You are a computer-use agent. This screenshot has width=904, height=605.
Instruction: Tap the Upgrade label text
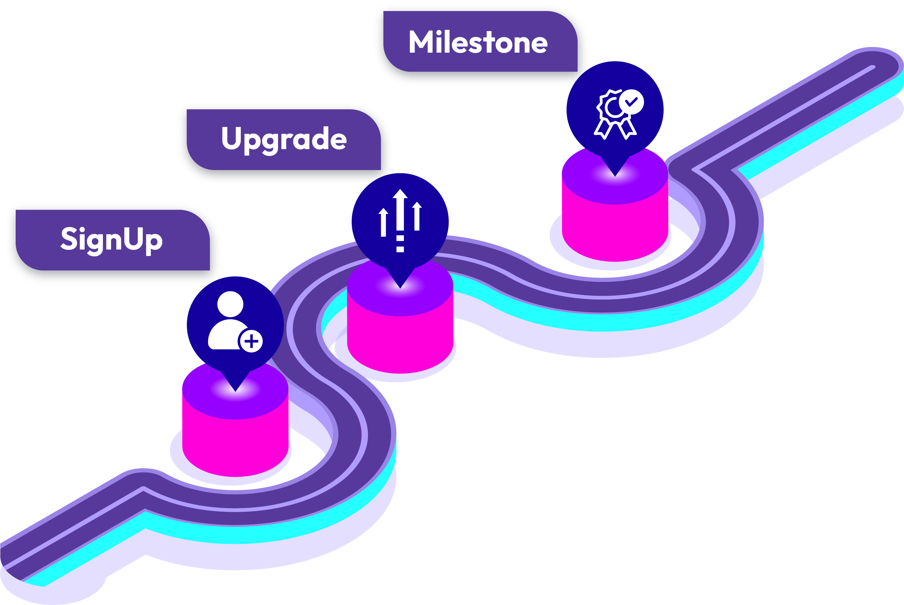coord(284,139)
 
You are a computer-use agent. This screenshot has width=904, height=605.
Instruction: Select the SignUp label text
coord(112,239)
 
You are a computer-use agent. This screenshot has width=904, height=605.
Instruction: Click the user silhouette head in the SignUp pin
coord(230,304)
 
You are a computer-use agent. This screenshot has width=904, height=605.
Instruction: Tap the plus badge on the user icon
coord(251,341)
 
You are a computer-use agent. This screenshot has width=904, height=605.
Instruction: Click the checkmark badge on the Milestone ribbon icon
coord(632,102)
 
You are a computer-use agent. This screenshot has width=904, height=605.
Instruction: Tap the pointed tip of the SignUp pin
coord(235,390)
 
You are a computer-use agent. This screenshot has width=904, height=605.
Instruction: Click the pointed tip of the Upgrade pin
coord(400,287)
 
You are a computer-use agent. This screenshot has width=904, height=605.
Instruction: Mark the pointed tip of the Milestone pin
coord(615,176)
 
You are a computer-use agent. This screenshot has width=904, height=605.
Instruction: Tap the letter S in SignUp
coord(69,238)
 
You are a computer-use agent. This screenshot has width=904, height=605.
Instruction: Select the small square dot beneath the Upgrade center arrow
coord(400,249)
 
